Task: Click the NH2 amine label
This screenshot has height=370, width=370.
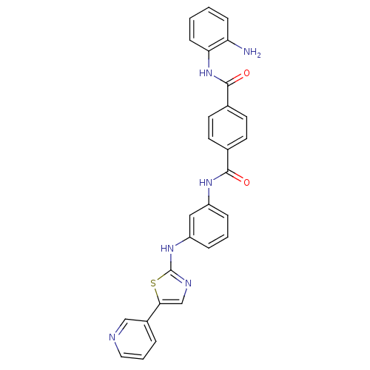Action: [252, 53]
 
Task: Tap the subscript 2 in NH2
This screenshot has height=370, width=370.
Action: [258, 55]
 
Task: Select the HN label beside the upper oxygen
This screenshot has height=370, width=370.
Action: [206, 73]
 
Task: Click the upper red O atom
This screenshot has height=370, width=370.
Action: [246, 73]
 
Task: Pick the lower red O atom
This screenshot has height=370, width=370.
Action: [246, 182]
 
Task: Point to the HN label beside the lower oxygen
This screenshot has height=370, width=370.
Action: [206, 182]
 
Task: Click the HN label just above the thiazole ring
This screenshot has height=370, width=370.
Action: [167, 247]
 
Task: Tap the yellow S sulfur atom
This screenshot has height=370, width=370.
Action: [152, 283]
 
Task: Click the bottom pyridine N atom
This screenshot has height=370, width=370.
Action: [113, 337]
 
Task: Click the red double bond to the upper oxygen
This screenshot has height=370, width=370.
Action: [239, 77]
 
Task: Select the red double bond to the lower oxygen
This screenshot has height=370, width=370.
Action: [238, 178]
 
